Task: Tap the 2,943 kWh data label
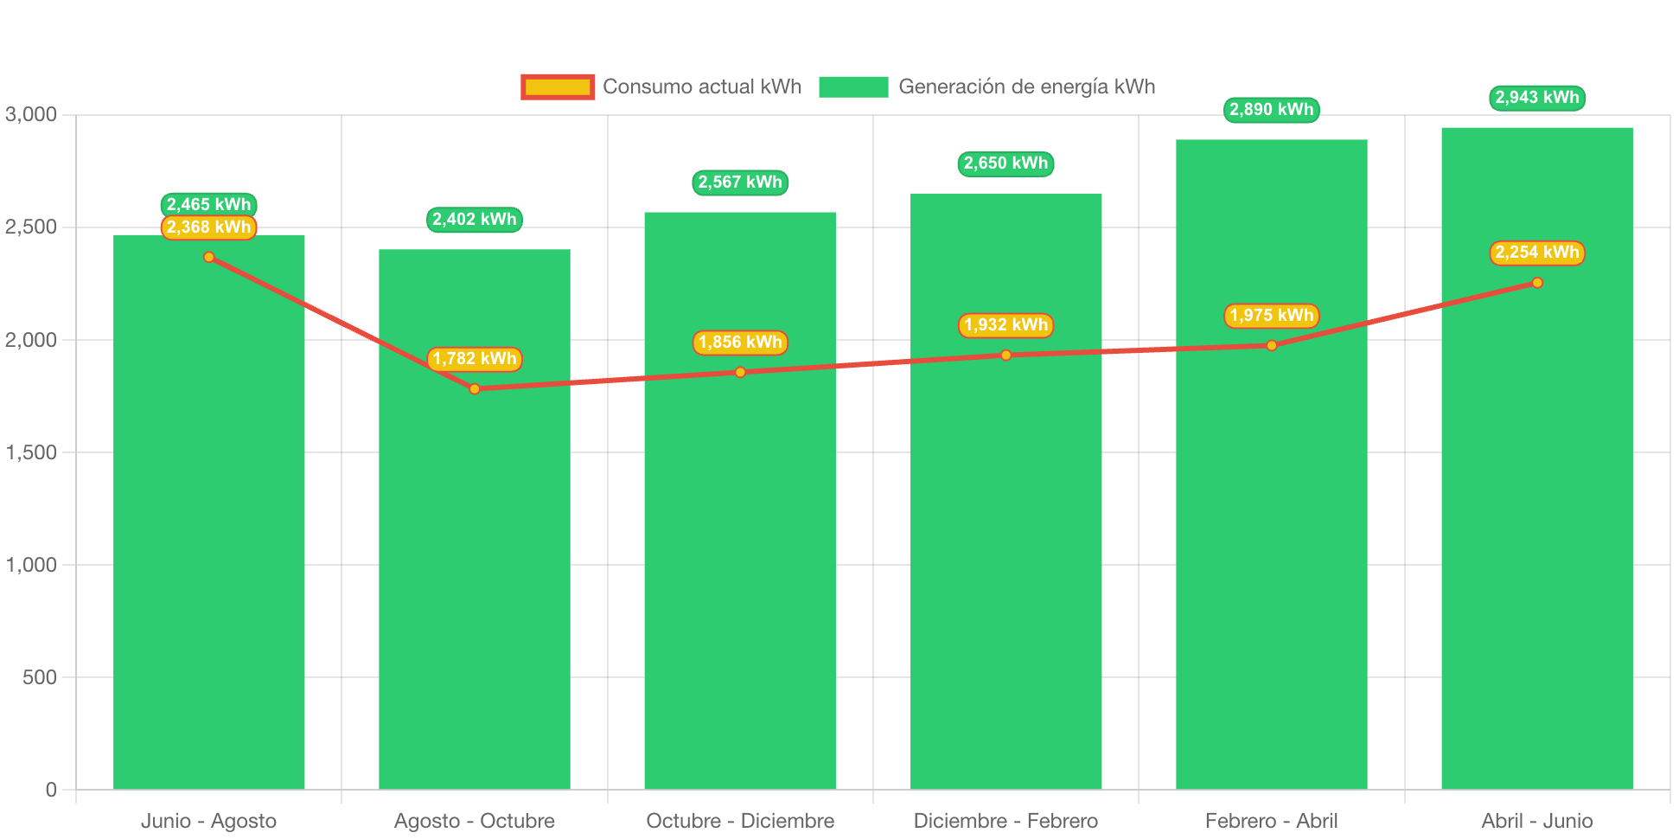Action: (x=1536, y=98)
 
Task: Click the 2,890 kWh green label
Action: (x=1271, y=110)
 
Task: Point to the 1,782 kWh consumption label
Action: (x=475, y=359)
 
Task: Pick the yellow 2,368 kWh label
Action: (x=208, y=227)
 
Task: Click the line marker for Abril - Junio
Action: (x=1536, y=283)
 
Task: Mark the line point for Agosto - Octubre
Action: (x=475, y=389)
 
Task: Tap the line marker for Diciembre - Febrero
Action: (x=1005, y=355)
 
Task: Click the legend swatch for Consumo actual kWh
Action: (x=558, y=86)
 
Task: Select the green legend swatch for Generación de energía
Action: (x=853, y=86)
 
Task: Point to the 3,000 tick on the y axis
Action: (x=31, y=114)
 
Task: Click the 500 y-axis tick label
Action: (x=40, y=677)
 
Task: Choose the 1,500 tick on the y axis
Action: (x=31, y=452)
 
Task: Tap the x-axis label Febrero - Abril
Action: (x=1271, y=821)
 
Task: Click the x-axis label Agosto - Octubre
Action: (x=475, y=821)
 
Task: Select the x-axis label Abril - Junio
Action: (x=1536, y=821)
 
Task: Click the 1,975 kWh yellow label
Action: (x=1271, y=316)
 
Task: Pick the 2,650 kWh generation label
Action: (x=1005, y=163)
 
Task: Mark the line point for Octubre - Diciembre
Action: (x=740, y=373)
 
